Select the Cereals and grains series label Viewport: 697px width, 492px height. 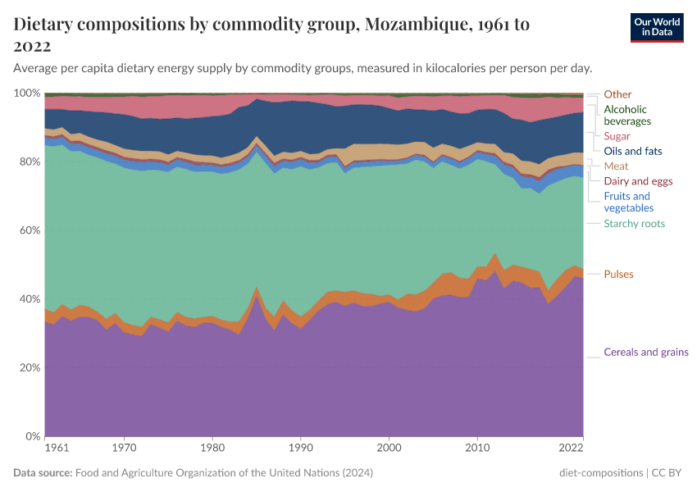tap(645, 353)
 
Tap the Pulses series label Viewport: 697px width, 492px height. tap(618, 274)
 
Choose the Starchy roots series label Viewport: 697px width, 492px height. tap(634, 224)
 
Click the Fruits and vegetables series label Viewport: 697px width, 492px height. tap(626, 202)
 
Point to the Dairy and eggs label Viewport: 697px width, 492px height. tap(638, 181)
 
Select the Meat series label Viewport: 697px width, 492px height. tap(616, 166)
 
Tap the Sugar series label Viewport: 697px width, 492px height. tap(617, 136)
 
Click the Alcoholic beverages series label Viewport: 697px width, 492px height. tap(625, 115)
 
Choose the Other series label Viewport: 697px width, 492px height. tap(617, 94)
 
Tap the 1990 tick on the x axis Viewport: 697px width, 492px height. tap(301, 449)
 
